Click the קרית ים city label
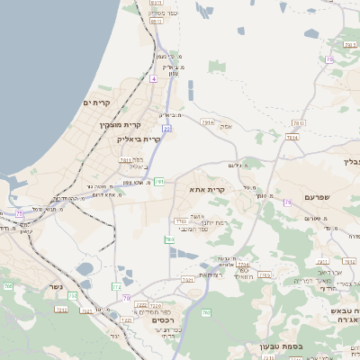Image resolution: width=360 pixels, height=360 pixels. click(x=94, y=103)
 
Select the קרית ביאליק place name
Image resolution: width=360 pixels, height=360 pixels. click(x=139, y=139)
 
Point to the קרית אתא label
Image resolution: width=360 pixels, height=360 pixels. click(x=207, y=190)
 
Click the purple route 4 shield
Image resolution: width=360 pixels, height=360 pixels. click(x=154, y=79)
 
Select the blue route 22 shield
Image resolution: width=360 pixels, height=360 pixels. click(x=166, y=129)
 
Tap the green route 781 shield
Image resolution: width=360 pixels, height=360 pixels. click(x=158, y=182)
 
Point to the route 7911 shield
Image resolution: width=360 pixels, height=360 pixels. click(x=126, y=158)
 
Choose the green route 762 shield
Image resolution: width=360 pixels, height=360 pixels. click(x=206, y=313)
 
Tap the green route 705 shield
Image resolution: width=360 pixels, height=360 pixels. click(x=7, y=286)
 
